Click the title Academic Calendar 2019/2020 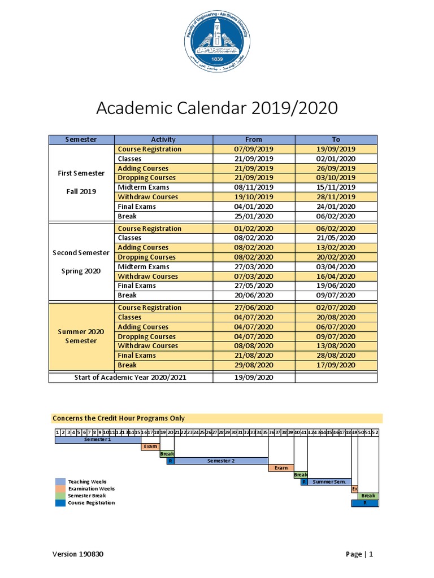216,108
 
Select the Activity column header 163,139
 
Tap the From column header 254,139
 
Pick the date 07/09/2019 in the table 254,149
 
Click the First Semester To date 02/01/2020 336,159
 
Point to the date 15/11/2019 336,187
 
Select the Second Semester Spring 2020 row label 81,262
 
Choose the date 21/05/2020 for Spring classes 336,238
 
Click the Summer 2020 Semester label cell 81,336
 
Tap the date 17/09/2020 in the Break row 336,365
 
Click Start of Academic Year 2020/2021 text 131,377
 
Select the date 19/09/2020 254,377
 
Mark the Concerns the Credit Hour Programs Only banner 217,418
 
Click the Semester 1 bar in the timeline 98,439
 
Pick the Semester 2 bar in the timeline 220,461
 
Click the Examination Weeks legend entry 91,489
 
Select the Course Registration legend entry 91,502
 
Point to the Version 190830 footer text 78,554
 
